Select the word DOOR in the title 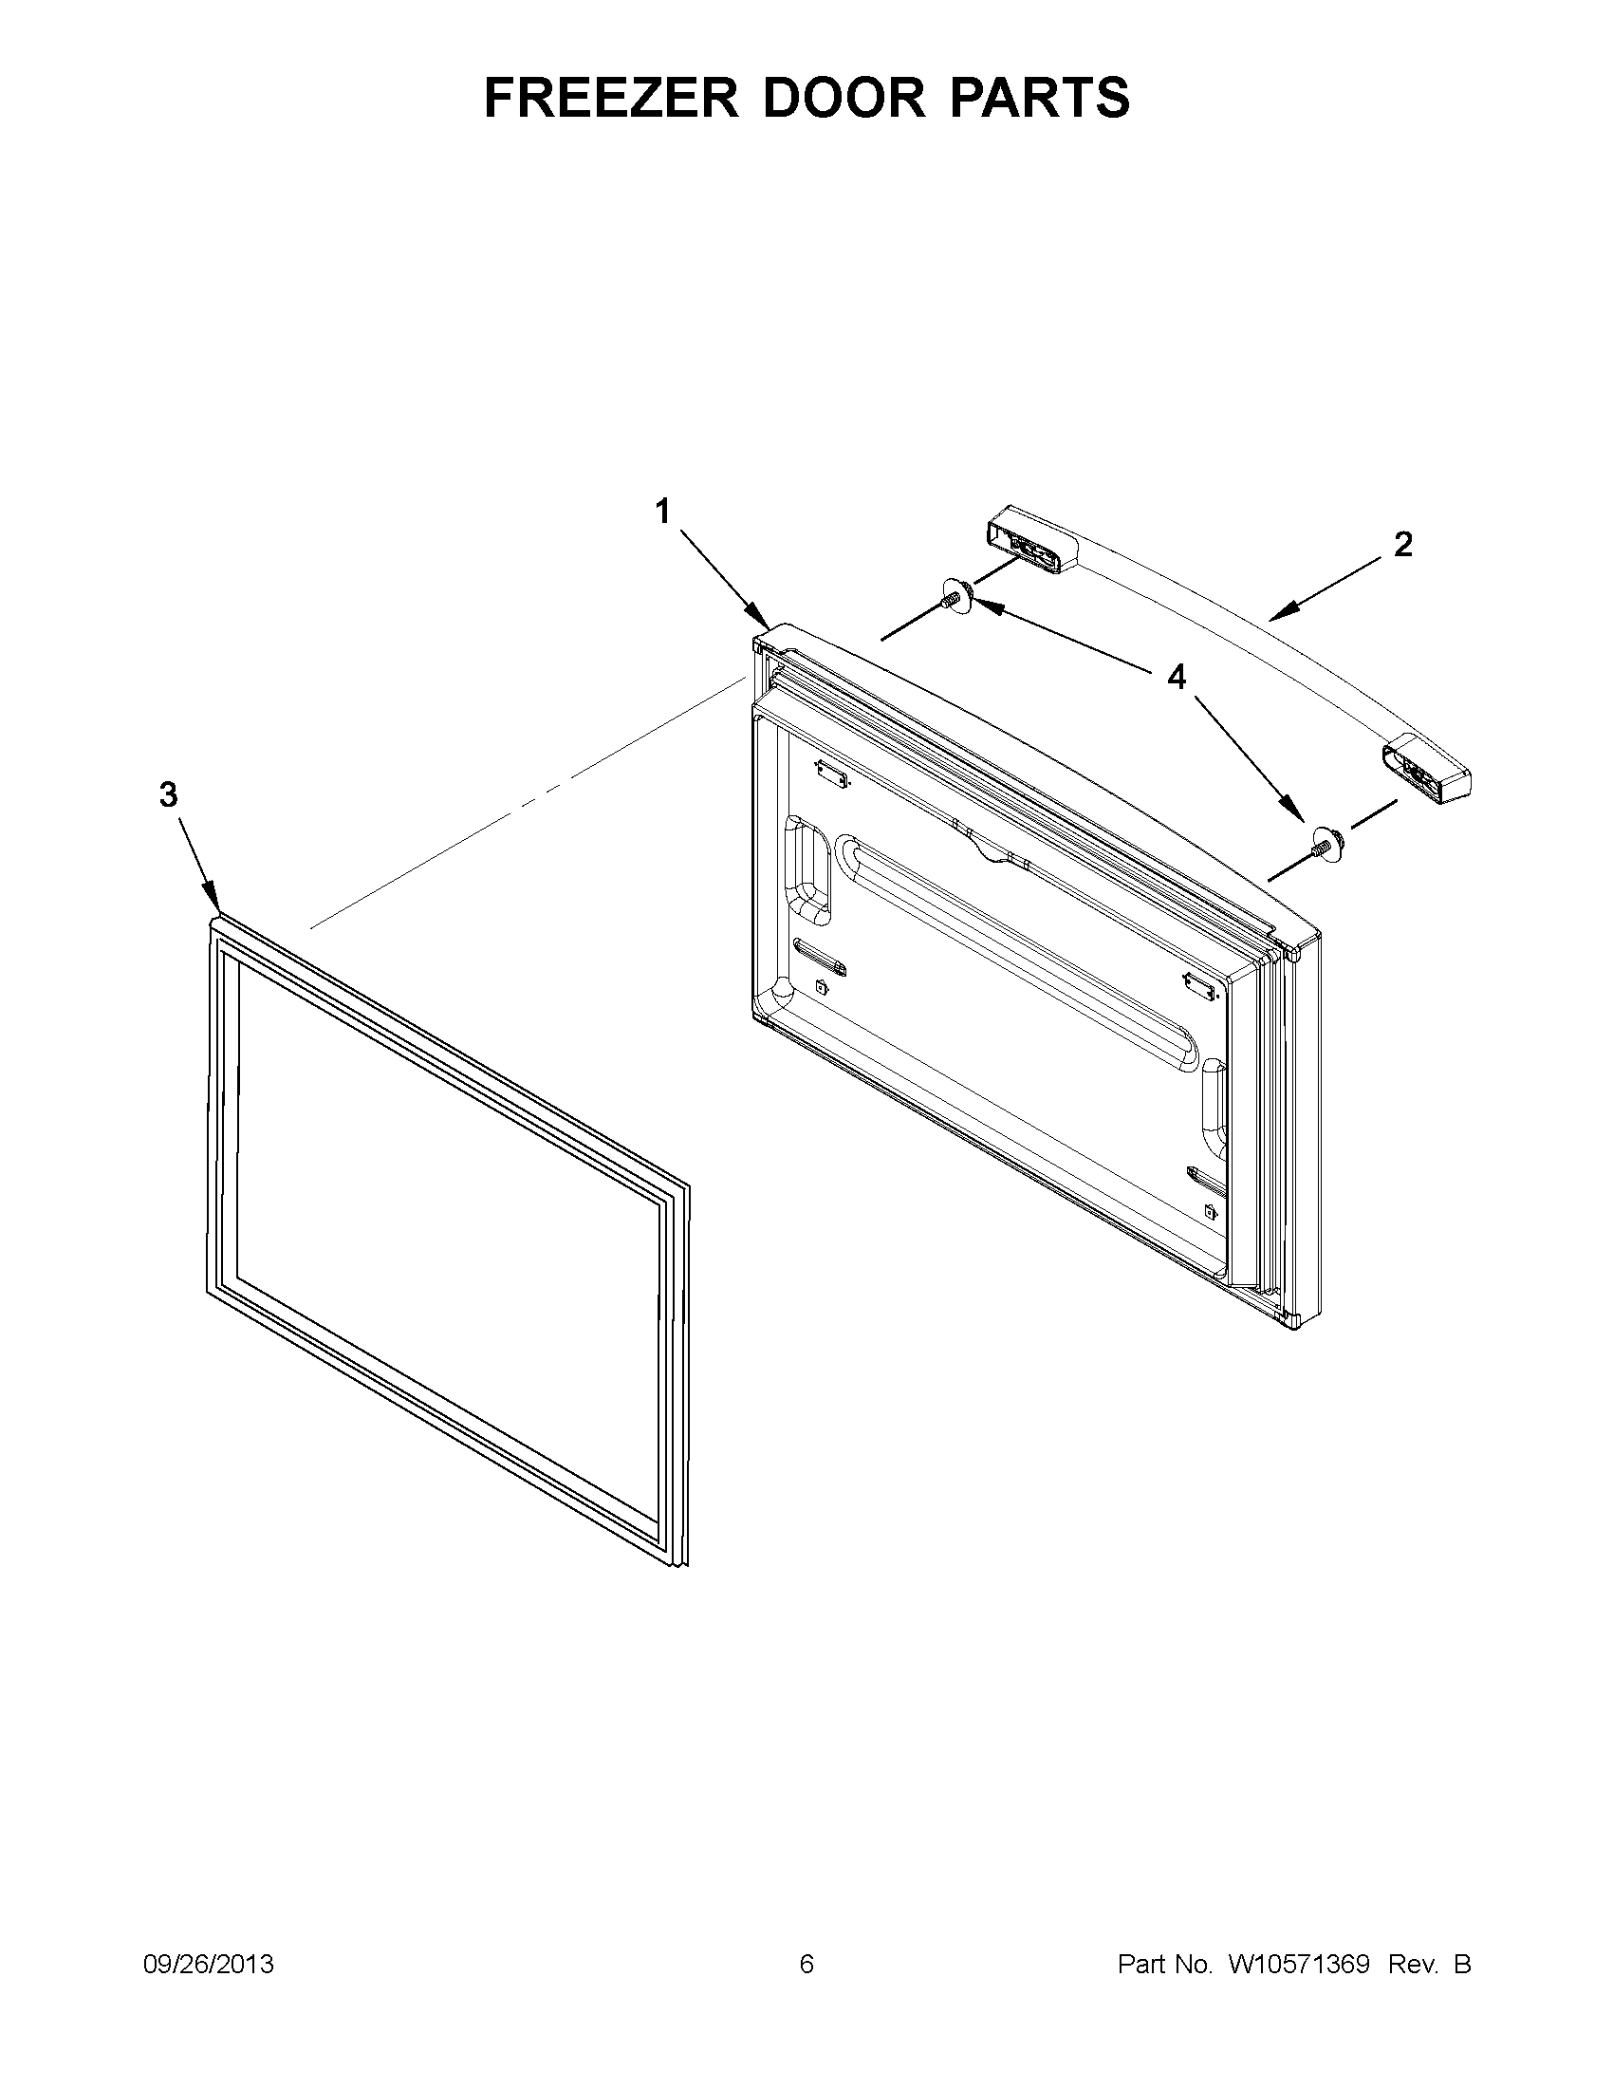(844, 98)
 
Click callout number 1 (661, 512)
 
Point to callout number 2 (1402, 544)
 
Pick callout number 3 (168, 793)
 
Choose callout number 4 (1176, 678)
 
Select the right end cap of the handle (1423, 773)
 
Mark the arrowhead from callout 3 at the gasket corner (216, 905)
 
